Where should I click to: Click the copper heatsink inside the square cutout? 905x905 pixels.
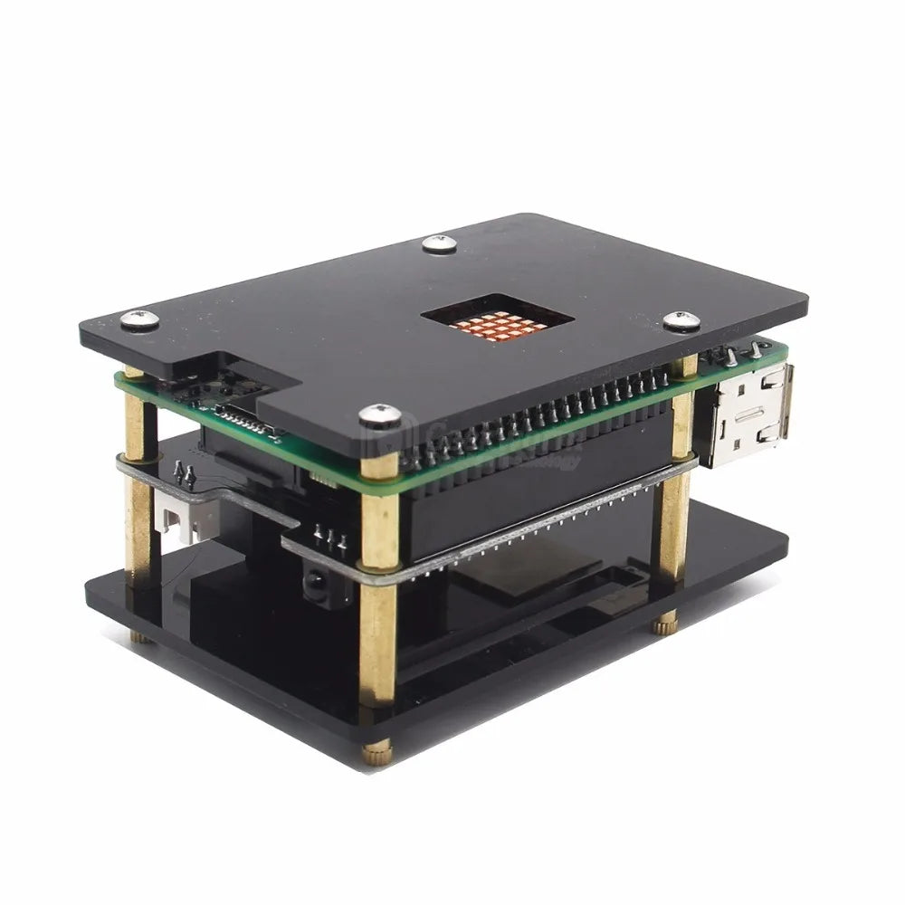[x=500, y=322]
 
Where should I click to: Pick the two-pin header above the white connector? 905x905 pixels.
[x=186, y=472]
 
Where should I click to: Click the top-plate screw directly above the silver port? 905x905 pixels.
[x=681, y=321]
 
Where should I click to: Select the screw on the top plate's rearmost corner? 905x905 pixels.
[x=439, y=243]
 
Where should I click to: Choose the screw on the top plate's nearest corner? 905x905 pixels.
[x=380, y=416]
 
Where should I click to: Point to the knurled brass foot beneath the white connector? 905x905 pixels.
[x=140, y=636]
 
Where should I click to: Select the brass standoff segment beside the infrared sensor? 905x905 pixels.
[x=379, y=633]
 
